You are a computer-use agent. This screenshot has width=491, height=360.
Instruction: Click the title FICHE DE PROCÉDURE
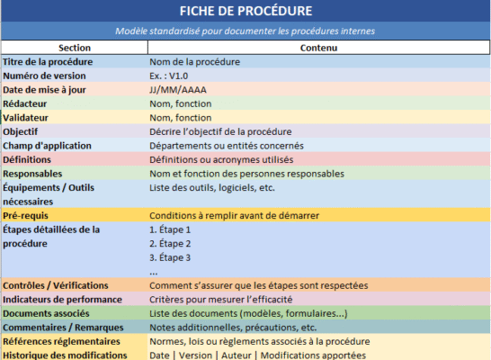[245, 12]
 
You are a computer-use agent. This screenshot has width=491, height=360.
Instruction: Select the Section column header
[74, 47]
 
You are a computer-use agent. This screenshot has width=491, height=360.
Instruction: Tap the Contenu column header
[318, 47]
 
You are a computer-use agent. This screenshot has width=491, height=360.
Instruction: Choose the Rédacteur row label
[27, 103]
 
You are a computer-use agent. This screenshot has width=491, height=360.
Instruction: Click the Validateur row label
[28, 118]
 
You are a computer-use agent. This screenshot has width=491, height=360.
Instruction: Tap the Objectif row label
[23, 131]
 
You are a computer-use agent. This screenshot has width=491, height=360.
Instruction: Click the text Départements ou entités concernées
[227, 146]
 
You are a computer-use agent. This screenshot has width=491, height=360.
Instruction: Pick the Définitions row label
[27, 159]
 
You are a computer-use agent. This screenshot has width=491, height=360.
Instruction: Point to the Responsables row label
[33, 174]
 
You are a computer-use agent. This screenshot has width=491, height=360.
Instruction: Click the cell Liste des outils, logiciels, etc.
[211, 187]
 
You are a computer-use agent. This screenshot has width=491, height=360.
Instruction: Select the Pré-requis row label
[25, 216]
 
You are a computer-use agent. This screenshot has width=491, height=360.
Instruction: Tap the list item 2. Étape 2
[170, 244]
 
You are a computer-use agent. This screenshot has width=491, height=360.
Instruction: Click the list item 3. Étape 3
[170, 257]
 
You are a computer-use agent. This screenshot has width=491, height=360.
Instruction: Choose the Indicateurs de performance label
[62, 299]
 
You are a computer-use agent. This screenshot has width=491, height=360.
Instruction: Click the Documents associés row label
[45, 313]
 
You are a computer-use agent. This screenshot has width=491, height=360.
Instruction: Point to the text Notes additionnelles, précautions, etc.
[233, 327]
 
